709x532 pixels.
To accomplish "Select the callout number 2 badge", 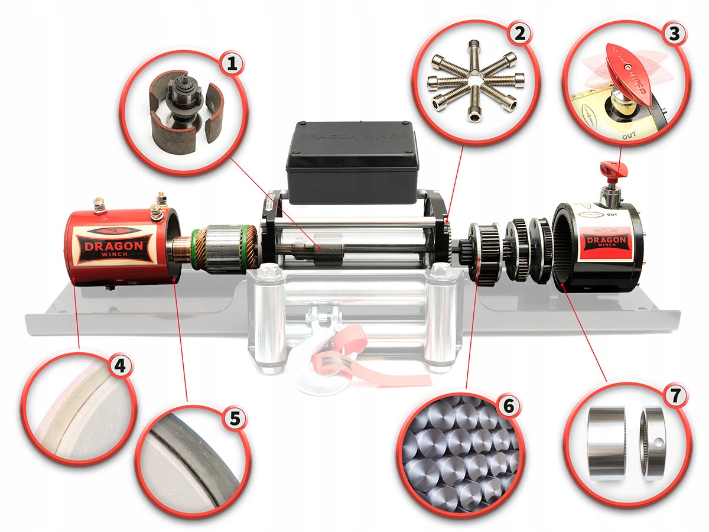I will tap(519, 34).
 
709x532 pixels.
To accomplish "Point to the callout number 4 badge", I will tap(120, 366).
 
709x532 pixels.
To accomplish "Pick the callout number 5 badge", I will tap(235, 419).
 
